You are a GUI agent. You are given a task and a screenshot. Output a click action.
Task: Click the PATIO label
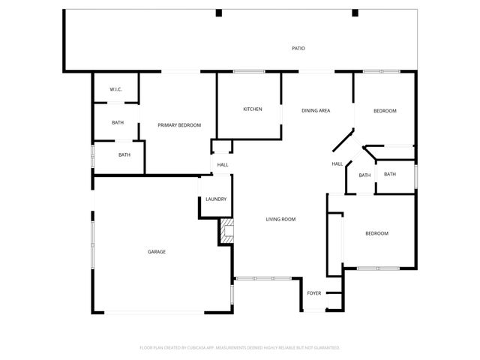(x=298, y=49)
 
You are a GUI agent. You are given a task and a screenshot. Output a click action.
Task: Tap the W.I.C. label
(x=115, y=90)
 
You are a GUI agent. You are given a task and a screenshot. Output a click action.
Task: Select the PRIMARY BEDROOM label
(x=179, y=125)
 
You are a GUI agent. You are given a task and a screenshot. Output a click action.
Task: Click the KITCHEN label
(x=252, y=109)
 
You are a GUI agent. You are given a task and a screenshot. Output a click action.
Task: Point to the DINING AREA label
(x=316, y=111)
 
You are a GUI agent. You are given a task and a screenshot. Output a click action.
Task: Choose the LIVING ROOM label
(x=280, y=219)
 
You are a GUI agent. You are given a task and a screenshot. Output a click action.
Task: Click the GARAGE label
(x=157, y=251)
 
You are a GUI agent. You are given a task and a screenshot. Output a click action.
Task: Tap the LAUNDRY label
(x=216, y=199)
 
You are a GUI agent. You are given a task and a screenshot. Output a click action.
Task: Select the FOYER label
(x=314, y=292)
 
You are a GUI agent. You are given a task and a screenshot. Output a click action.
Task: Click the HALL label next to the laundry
(x=223, y=165)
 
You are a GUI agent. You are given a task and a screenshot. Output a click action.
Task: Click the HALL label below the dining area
(x=337, y=164)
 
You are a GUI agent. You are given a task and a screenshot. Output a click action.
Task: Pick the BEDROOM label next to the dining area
(x=385, y=111)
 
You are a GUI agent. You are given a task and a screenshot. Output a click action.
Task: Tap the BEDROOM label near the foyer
(x=376, y=233)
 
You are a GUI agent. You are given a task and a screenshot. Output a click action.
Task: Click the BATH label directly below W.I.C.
(x=118, y=123)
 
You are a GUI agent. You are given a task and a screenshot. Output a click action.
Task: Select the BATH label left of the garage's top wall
(x=124, y=155)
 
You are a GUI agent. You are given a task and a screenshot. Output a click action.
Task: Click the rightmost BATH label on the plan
(x=389, y=175)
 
